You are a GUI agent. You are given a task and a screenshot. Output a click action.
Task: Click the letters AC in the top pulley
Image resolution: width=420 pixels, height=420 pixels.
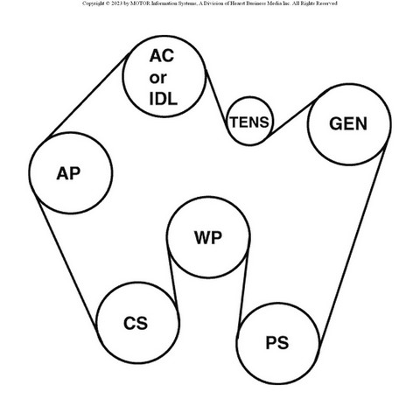[162, 56]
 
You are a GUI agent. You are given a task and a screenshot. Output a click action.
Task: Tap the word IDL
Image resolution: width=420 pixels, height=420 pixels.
[163, 99]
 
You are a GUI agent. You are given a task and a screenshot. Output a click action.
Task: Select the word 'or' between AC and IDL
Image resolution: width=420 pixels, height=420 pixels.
[157, 78]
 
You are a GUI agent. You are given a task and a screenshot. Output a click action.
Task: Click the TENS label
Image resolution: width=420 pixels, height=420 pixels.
[249, 122]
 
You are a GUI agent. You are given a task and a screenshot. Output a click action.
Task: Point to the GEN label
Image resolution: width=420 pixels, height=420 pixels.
[348, 123]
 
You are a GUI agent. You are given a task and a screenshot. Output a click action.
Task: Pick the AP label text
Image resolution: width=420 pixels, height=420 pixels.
[68, 173]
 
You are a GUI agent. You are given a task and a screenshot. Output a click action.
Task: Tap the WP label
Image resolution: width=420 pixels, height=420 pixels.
[208, 237]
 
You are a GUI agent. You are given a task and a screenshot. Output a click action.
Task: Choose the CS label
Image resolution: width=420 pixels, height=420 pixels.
[136, 323]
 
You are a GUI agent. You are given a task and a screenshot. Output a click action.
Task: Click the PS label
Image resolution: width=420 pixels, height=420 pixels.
[277, 343]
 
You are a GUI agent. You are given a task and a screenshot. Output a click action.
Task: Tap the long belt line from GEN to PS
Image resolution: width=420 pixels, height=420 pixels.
[353, 244]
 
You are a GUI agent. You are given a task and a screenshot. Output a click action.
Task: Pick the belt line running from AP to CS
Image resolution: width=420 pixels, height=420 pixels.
[66, 262]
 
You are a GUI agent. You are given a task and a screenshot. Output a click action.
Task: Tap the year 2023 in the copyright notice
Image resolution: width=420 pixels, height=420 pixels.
[116, 3]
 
